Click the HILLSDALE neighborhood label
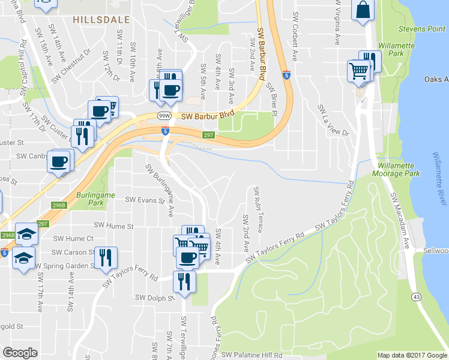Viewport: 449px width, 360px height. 101,20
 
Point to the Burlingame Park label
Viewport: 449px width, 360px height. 91,199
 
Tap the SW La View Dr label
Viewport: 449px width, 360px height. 333,120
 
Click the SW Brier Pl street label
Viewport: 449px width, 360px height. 276,97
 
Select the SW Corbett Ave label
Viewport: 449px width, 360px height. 295,36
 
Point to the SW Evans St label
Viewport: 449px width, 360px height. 145,200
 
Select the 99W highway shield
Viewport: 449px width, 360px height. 164,115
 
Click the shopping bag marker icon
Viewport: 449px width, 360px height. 363,10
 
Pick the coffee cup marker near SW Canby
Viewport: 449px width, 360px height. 59,162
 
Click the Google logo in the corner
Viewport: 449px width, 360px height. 20,353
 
